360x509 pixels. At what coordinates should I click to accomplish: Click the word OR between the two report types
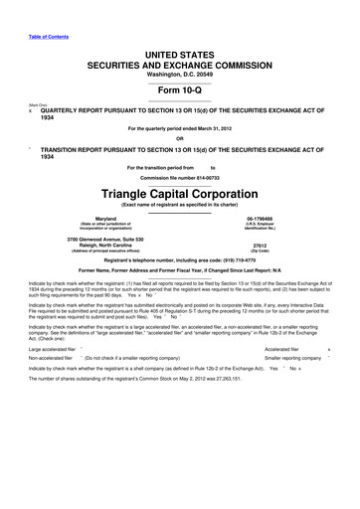[180, 137]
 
